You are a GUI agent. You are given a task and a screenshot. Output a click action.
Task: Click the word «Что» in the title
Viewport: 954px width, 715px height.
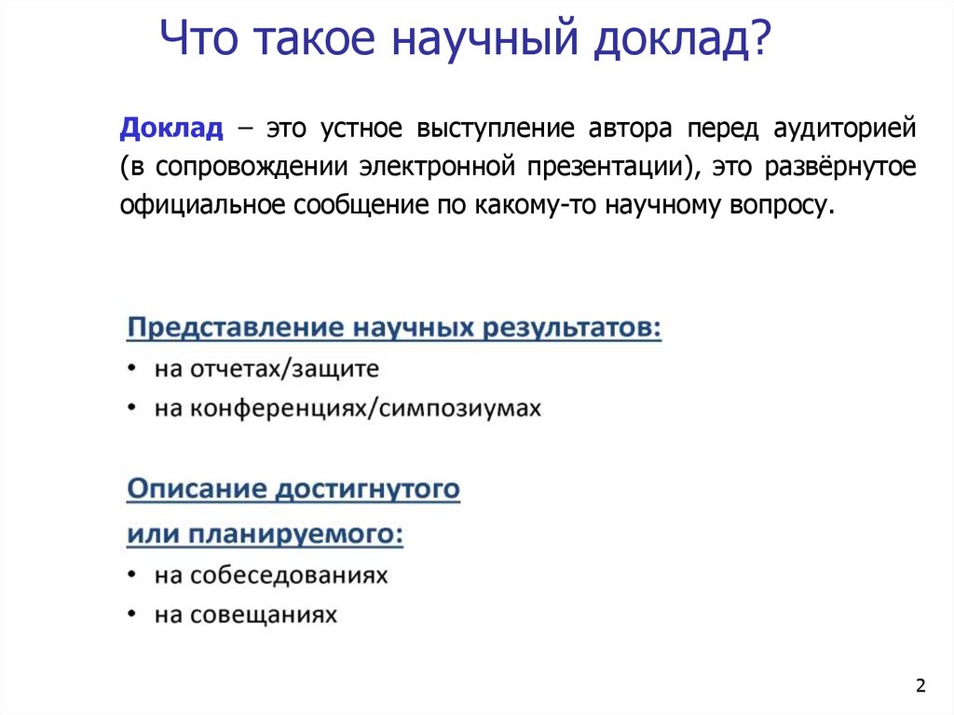point(200,43)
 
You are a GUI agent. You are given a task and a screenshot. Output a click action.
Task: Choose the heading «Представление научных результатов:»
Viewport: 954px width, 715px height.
point(394,329)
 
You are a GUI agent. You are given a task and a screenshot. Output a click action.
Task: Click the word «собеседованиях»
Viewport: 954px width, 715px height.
point(289,575)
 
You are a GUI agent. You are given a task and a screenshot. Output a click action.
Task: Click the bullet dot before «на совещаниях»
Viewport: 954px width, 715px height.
point(135,615)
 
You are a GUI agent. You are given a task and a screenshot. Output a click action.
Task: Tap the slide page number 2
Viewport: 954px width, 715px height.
point(920,687)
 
